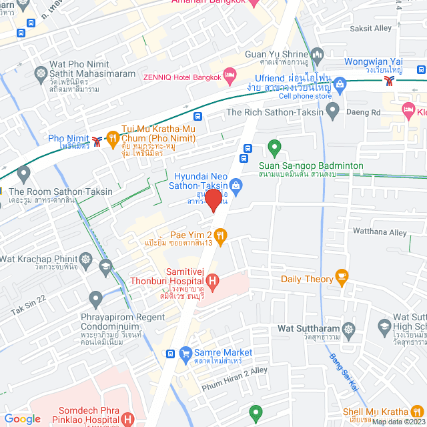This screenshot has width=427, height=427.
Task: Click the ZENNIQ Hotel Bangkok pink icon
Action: pos(230,76)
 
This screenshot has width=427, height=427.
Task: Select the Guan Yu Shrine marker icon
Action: pos(317,54)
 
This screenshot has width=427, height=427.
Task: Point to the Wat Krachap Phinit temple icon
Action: pos(85,258)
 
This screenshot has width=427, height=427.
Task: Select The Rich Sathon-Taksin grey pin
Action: pos(332,109)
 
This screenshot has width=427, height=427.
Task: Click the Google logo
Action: pos(22,418)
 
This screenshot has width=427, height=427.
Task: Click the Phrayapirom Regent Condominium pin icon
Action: pos(95,298)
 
